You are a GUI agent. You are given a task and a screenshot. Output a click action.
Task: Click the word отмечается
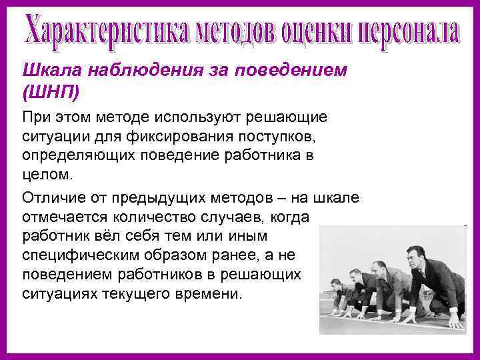[61, 217]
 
